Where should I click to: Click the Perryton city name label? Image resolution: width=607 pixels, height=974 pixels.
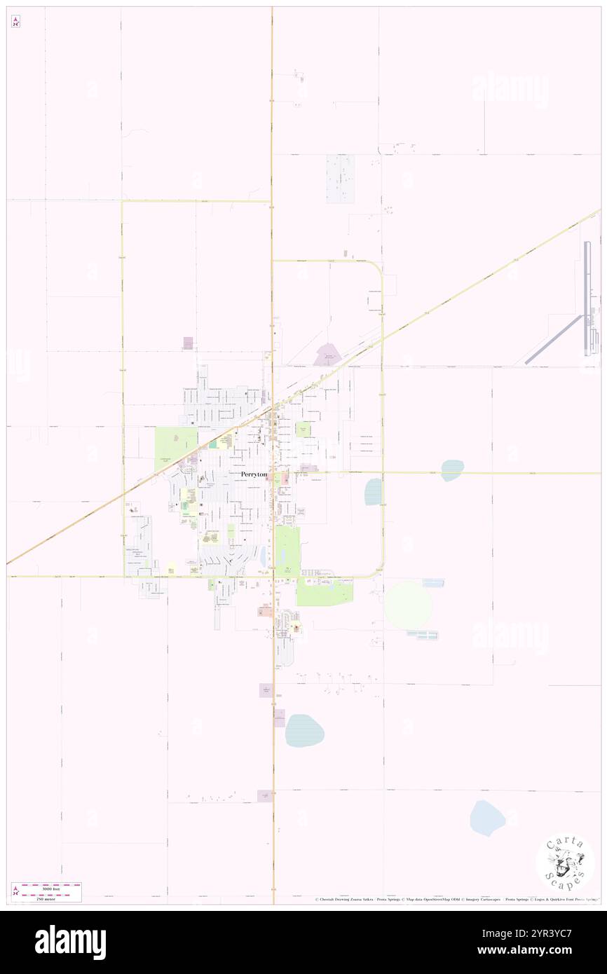pos(254,474)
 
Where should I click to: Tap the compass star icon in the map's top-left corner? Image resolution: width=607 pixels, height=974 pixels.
pos(15,22)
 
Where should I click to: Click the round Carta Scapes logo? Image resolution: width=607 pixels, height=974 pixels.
pos(565,863)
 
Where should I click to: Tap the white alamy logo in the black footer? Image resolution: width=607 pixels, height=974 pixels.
pos(70,942)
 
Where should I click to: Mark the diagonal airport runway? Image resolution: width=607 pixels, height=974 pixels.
pos(554,339)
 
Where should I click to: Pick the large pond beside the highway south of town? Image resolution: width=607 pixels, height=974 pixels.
pos(304,731)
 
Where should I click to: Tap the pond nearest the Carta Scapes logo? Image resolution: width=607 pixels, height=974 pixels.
pos(487,818)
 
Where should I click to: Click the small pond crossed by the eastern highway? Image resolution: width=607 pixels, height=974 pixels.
pos(452,469)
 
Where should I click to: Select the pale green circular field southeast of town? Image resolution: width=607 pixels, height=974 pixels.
pos(409,605)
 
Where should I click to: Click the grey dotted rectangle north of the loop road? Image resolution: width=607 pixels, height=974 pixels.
pos(340,179)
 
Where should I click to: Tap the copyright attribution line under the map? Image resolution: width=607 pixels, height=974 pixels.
pos(456,900)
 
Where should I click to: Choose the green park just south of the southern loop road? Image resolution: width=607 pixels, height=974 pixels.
pos(324,593)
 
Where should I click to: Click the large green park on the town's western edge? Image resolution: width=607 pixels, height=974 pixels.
pos(175,449)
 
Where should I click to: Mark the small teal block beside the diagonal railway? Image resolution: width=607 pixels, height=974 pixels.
pos(212,444)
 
